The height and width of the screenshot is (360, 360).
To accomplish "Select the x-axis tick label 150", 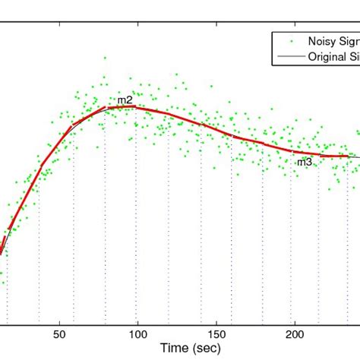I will (217, 333).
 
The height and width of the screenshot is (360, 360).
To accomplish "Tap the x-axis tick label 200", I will (296, 333).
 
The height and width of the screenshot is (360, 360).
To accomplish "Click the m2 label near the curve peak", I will (125, 100).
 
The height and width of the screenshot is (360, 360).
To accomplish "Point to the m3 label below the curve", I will (304, 162).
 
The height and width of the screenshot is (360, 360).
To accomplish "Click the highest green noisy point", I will (105, 58).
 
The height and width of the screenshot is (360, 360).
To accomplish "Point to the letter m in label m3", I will (301, 162).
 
